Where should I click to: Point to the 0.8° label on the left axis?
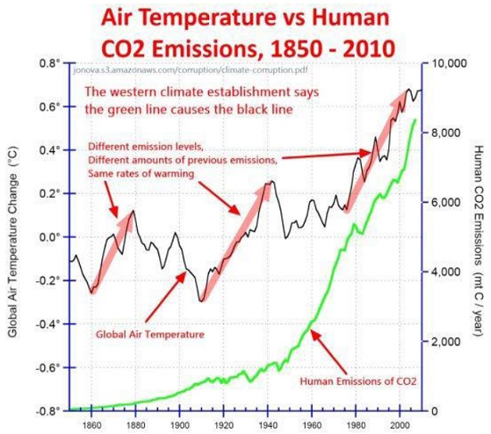[x=50, y=63]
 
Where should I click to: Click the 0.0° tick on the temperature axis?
[x=50, y=237]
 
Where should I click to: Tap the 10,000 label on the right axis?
[x=447, y=63]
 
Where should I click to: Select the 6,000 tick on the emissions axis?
[x=444, y=202]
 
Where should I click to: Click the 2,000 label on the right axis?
[x=444, y=341]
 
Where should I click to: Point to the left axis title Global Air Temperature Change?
[x=13, y=238]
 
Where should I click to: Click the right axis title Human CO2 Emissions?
[x=478, y=238]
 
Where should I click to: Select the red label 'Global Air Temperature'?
[x=150, y=334]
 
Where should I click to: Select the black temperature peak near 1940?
[x=270, y=182]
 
